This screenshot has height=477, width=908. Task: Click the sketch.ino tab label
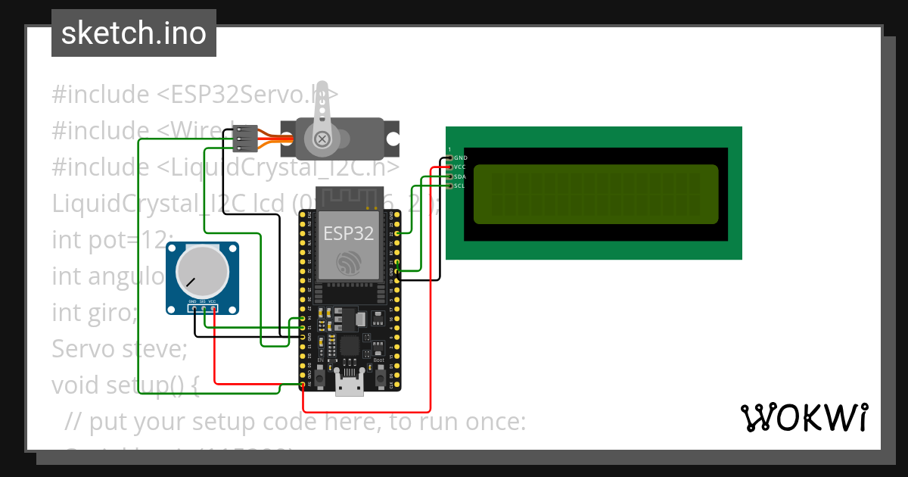[x=133, y=33]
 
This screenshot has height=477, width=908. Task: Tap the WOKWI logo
[x=804, y=417]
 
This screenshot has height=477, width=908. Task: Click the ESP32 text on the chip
[x=349, y=233]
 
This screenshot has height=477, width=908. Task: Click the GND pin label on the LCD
[x=460, y=157]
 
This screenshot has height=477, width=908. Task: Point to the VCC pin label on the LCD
[x=460, y=167]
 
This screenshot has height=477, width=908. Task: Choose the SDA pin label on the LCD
[x=460, y=176]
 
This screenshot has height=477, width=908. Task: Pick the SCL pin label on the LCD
[x=460, y=185]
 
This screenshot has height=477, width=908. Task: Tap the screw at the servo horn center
[x=322, y=139]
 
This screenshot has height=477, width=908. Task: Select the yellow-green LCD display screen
[x=595, y=195]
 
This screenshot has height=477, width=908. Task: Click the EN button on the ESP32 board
[x=320, y=376]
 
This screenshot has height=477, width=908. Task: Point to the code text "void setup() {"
[x=125, y=385]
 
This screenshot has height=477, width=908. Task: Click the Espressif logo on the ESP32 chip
[x=349, y=262]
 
